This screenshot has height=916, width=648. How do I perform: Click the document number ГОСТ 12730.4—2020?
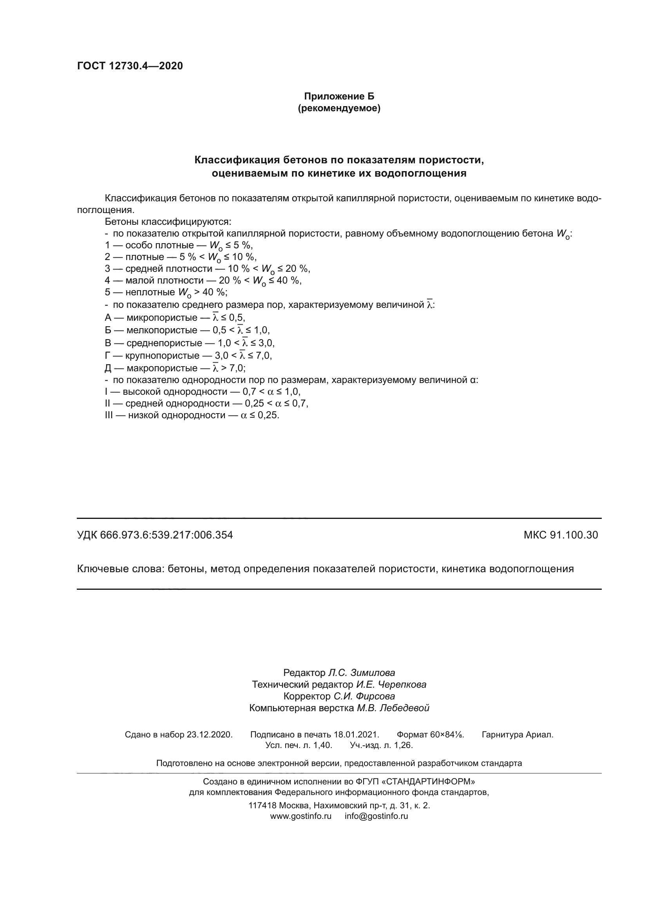tap(130, 66)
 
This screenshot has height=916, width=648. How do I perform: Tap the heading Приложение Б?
tap(339, 96)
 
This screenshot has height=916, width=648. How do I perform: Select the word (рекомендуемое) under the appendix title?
tap(339, 108)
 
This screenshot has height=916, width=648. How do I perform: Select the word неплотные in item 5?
tap(150, 292)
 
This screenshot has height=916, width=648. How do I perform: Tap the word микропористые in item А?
tap(161, 318)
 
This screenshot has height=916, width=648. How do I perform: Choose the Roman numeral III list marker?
tap(109, 415)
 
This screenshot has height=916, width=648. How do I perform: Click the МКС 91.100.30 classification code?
tap(561, 535)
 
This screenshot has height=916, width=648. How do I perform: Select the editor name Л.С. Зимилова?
tap(361, 673)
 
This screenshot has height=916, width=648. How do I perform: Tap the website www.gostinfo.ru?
tap(300, 816)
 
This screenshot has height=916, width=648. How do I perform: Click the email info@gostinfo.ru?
tap(376, 816)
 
